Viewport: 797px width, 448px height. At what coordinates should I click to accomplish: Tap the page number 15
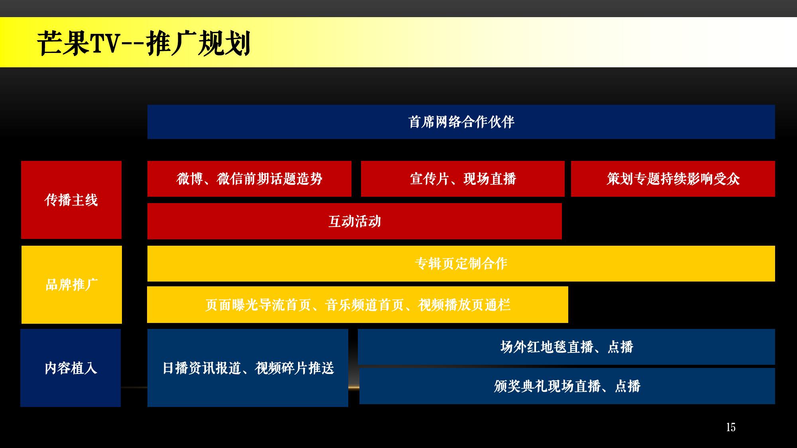coord(730,427)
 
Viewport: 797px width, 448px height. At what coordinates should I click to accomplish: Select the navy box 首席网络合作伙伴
coord(461,122)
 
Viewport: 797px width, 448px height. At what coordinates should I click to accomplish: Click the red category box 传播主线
coord(71,200)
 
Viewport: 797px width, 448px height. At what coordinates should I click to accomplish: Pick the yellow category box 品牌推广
coord(72,285)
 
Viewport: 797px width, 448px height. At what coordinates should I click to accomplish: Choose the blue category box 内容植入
coord(71,368)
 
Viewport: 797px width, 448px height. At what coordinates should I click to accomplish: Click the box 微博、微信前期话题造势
coord(249,179)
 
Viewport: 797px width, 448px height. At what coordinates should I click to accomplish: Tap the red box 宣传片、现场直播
coord(463,179)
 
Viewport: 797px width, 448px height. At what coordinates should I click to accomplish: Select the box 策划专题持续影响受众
coord(673,179)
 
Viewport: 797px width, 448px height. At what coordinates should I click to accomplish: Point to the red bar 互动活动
coord(355,221)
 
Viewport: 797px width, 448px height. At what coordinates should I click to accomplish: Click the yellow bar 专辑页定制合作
coord(461,264)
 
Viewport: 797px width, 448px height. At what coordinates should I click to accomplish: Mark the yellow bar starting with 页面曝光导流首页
coord(357,305)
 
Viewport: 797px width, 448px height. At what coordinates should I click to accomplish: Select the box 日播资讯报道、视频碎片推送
coord(248,368)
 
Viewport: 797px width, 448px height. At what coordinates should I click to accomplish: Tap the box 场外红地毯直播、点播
coord(566,347)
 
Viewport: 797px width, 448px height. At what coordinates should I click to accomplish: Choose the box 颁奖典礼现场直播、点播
coord(567,386)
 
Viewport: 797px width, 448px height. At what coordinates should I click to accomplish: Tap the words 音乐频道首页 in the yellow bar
coord(365,305)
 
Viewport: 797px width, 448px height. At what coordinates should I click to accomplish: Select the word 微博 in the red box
coord(190,179)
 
